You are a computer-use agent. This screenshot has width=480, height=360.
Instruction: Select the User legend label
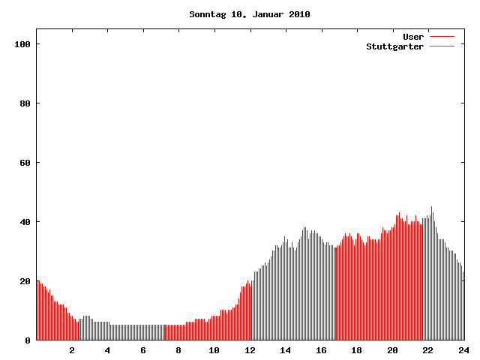413,37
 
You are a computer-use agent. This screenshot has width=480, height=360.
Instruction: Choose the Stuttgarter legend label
394,46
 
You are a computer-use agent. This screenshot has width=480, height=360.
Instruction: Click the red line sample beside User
442,37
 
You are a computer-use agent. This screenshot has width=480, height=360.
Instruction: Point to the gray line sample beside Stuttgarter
442,46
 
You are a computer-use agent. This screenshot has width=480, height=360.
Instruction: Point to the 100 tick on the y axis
22,44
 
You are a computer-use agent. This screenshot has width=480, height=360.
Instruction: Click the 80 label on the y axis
25,103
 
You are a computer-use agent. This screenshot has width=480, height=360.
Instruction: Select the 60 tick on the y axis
25,163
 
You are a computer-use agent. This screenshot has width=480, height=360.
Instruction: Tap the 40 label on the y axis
25,222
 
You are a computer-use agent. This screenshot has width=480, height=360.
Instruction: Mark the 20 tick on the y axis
25,281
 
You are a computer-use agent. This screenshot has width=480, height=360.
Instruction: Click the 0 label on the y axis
28,340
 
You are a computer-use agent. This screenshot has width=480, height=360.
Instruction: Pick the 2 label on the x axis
72,350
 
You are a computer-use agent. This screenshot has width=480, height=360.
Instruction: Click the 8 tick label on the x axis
178,350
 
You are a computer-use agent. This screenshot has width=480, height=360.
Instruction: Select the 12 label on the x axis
250,350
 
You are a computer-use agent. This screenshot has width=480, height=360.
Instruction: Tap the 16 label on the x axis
321,350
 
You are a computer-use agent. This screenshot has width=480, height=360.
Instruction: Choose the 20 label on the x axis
392,350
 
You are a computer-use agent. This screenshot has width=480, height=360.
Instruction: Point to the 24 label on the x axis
463,350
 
